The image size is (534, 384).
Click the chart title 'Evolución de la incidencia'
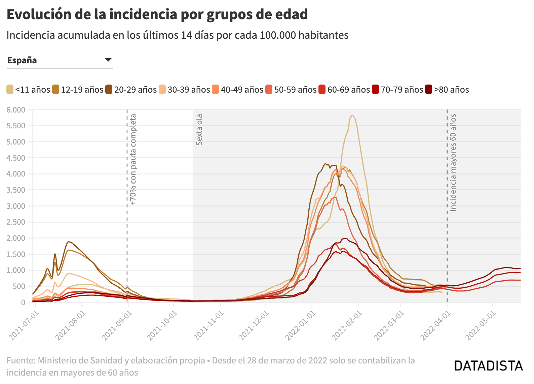pos(92,14)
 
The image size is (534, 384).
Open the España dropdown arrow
pos(108,60)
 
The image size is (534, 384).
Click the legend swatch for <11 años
pos(10,90)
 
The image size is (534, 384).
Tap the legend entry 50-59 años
pos(291,90)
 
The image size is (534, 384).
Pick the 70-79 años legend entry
pos(397,90)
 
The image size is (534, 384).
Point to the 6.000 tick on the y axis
pos(16,109)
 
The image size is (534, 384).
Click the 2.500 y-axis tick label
pos(16,222)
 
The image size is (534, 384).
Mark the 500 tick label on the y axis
pos(20,286)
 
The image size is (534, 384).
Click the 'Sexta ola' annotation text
pos(199,130)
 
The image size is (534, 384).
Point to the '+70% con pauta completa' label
pos(133,160)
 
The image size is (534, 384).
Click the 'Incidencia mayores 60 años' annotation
pos(453,163)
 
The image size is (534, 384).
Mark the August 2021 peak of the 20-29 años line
pos(69,242)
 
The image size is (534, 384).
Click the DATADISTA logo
pos(488,366)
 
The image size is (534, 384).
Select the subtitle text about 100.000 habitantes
pos(178,35)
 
